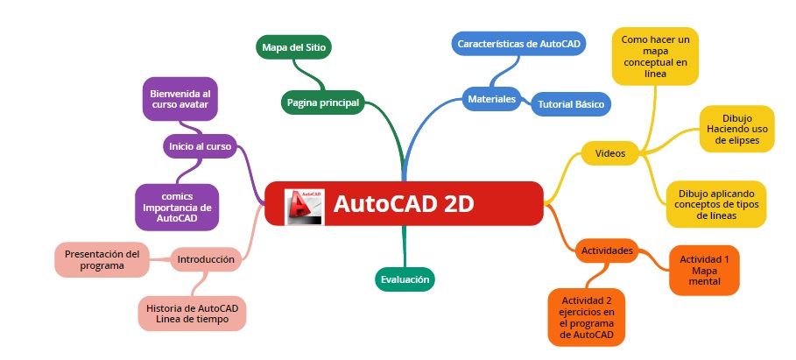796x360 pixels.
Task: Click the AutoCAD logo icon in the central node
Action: [304, 205]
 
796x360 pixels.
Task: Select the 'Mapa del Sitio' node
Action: [294, 46]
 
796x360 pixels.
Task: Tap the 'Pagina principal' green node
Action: [322, 102]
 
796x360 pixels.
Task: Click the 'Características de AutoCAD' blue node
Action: [520, 43]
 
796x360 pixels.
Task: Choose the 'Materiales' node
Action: [491, 99]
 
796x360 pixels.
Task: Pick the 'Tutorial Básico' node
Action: [570, 103]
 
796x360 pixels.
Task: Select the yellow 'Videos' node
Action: [609, 153]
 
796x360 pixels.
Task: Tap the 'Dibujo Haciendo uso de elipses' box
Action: [736, 129]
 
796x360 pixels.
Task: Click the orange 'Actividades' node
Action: [607, 251]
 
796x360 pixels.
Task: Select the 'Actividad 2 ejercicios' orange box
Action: [588, 317]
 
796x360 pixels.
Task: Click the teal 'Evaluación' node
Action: [404, 279]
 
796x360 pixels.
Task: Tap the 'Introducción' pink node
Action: [205, 259]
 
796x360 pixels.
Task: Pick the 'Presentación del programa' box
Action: [102, 259]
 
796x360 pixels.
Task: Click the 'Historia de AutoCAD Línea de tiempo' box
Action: [193, 314]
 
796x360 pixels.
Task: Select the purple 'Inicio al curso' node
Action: [201, 146]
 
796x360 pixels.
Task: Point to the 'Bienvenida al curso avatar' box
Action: [180, 99]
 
